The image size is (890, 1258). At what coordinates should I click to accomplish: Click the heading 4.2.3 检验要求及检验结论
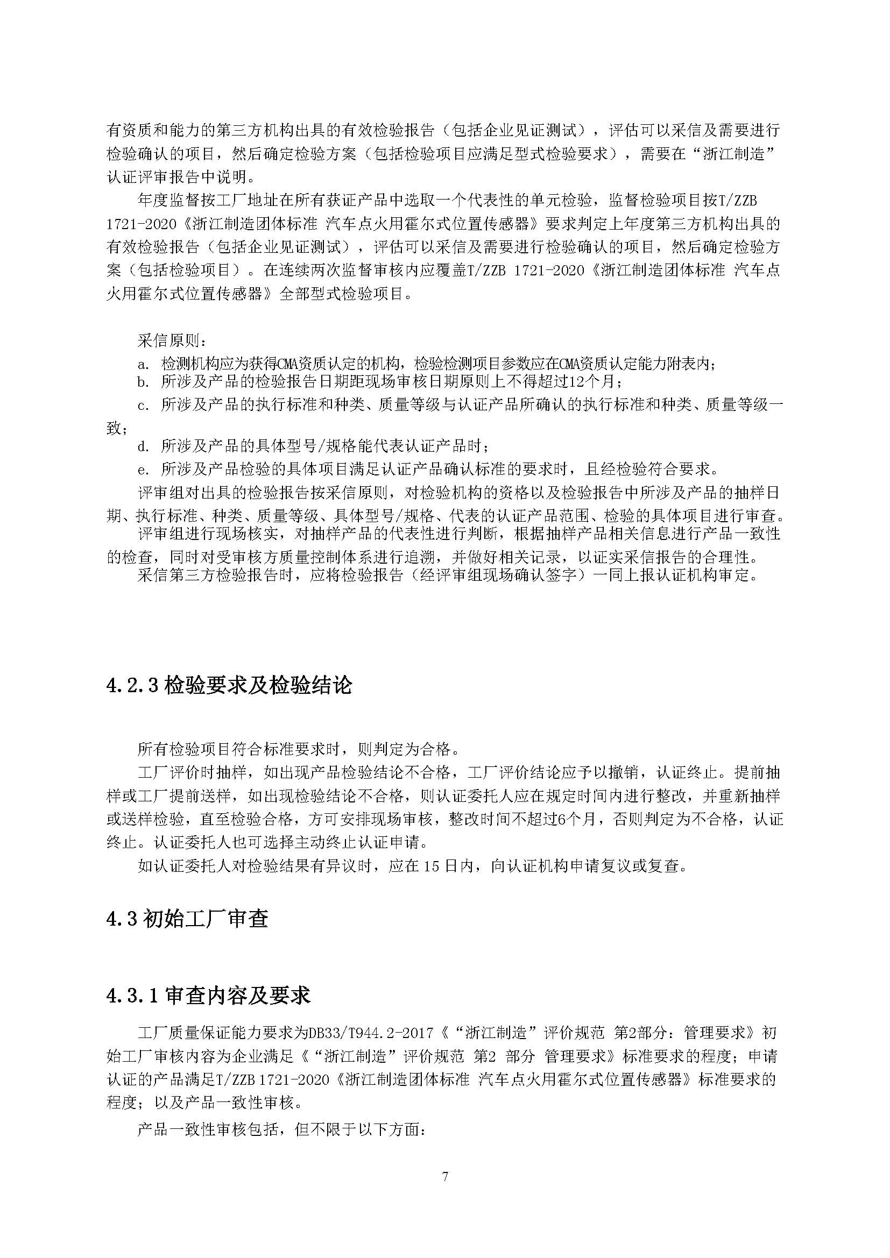click(x=229, y=685)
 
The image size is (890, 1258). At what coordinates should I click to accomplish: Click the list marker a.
click(x=144, y=364)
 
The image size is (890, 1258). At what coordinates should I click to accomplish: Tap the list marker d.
click(x=144, y=446)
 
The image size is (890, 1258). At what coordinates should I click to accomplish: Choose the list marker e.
click(x=144, y=470)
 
